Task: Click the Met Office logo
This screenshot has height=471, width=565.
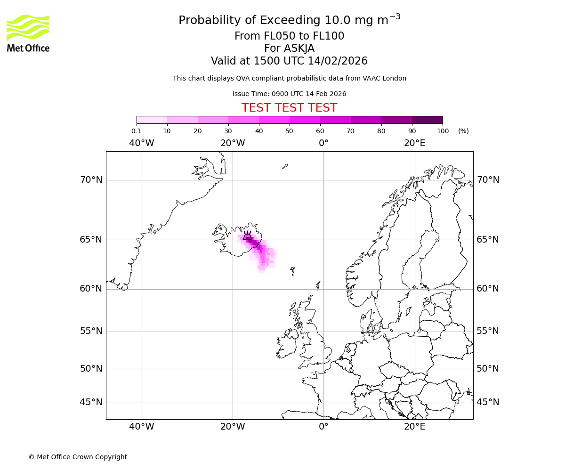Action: [x=28, y=33]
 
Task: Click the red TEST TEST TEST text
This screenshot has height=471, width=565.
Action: [x=289, y=108]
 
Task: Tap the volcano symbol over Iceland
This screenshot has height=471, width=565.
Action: [x=247, y=236]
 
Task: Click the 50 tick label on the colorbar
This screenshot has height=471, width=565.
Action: [x=290, y=131]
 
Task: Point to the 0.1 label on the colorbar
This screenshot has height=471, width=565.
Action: [x=137, y=131]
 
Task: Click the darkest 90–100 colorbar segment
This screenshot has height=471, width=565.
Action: [x=427, y=120]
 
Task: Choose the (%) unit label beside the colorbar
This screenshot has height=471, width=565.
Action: [x=463, y=131]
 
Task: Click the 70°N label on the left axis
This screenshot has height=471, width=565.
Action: [x=91, y=180]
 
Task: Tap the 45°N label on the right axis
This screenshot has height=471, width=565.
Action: [x=488, y=402]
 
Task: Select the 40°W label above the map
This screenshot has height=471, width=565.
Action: [x=142, y=143]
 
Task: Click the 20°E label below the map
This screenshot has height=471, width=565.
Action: [x=414, y=427]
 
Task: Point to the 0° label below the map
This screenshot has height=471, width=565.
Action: [x=323, y=427]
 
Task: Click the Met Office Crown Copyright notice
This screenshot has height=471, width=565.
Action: [x=78, y=457]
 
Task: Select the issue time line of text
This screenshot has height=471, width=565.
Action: [x=289, y=94]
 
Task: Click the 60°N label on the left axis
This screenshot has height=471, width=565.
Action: [x=91, y=289]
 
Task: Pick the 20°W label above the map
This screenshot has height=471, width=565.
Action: [x=233, y=143]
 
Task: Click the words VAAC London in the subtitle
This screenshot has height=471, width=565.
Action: [x=387, y=78]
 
